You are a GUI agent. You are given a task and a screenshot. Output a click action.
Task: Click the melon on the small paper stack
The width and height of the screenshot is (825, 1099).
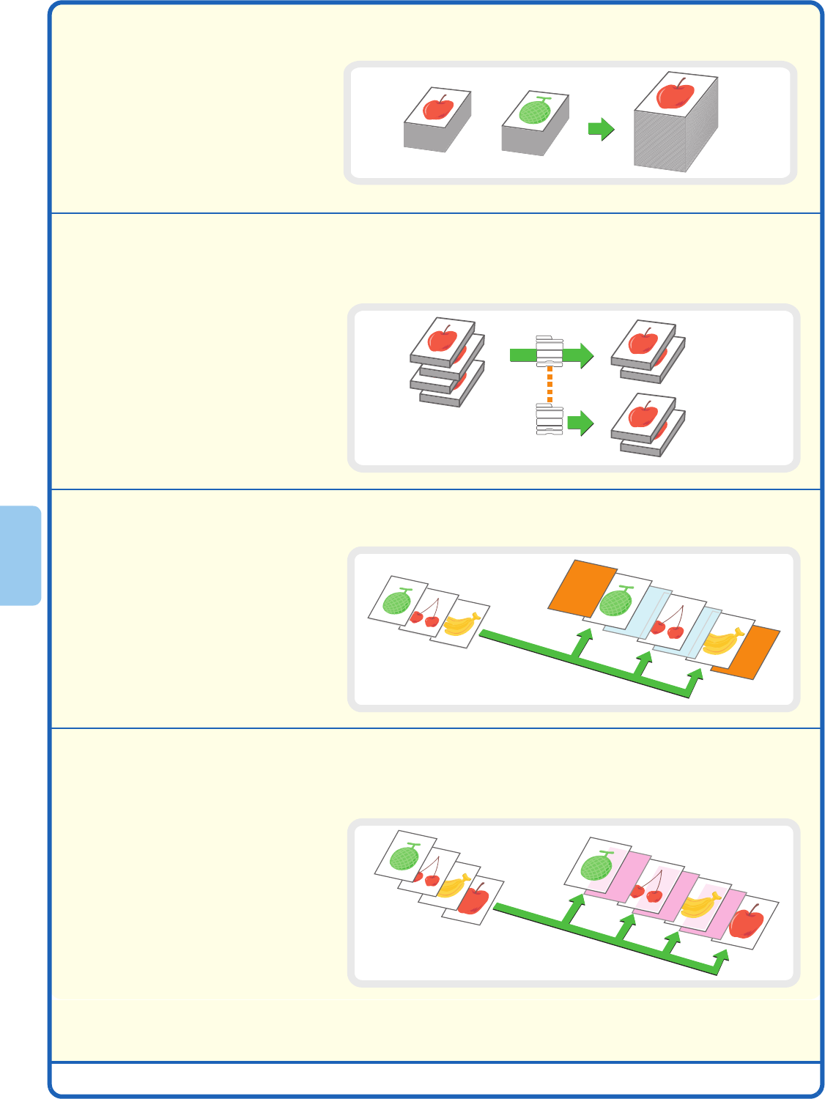point(535,111)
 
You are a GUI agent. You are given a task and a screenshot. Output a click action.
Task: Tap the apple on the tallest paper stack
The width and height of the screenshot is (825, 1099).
point(676,95)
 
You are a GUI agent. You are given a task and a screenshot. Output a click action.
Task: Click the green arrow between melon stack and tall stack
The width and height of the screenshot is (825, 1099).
point(601,130)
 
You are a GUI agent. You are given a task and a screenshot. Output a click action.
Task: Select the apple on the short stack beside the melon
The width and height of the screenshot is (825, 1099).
point(438,108)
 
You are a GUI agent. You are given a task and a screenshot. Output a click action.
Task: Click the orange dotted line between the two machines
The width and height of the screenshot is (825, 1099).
point(550,385)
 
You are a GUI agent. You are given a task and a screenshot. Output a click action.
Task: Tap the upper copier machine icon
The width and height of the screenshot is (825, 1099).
point(550,351)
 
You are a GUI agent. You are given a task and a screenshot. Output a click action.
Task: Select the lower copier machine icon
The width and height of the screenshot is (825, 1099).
point(550,419)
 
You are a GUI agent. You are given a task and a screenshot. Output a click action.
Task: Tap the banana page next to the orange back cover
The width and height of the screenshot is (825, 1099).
point(722,641)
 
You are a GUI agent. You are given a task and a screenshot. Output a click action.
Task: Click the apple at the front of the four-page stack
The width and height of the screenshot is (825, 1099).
point(474,899)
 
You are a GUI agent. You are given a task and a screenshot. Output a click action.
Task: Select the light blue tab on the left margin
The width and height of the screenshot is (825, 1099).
point(21,555)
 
